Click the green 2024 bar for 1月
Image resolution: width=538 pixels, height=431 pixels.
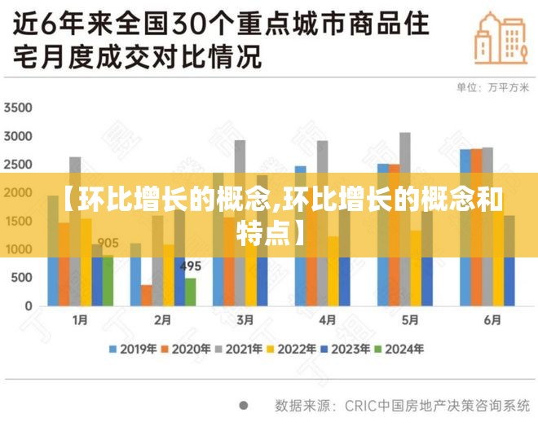[108, 281]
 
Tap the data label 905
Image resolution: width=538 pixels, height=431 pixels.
[108, 242]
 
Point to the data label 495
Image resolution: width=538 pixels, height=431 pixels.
[190, 266]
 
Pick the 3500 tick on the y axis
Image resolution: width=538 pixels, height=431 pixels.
[17, 108]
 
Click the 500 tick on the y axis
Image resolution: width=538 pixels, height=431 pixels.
[22, 278]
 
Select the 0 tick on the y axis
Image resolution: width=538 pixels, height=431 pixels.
[28, 306]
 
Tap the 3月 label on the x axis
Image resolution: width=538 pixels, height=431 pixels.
[245, 320]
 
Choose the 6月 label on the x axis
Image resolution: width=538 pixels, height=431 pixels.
[492, 320]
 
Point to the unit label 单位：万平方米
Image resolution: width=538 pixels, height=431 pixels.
[492, 87]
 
